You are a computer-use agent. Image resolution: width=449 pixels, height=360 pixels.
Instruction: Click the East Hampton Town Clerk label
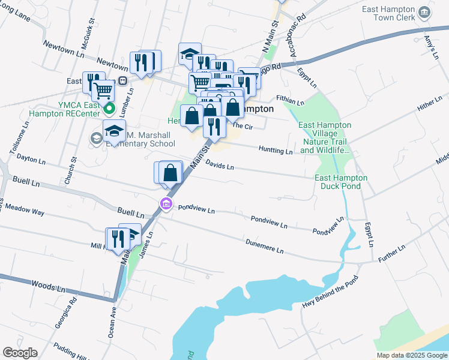coord(388,14)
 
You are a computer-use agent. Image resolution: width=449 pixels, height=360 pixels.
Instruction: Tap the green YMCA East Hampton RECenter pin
coord(109,109)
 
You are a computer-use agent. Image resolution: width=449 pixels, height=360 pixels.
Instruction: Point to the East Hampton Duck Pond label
coord(340,182)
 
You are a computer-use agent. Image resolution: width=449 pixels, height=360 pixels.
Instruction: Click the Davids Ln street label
coord(219,164)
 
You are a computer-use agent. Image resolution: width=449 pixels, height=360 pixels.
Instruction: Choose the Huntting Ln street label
coord(276,150)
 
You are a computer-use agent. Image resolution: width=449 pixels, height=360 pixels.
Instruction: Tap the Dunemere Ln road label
coord(264,245)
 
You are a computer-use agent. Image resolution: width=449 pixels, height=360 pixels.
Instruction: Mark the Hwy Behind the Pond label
coord(330,292)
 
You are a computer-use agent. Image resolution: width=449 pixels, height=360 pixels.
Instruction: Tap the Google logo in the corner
coord(20,353)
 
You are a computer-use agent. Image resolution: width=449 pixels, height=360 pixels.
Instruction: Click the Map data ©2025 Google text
coord(412,355)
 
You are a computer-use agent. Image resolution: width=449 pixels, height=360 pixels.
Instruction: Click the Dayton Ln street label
coord(31,161)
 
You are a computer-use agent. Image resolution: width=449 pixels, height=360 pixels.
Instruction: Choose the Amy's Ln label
coord(429,45)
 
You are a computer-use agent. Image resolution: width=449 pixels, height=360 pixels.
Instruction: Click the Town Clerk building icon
coord(424,13)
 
